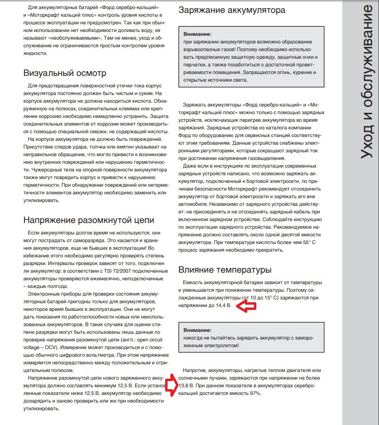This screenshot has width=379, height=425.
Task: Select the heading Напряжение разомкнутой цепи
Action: (x=89, y=220)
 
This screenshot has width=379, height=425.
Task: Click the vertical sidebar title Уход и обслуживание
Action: (x=365, y=81)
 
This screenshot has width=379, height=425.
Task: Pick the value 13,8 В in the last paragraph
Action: (x=186, y=386)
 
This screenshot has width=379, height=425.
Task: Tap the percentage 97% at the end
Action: (x=255, y=393)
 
